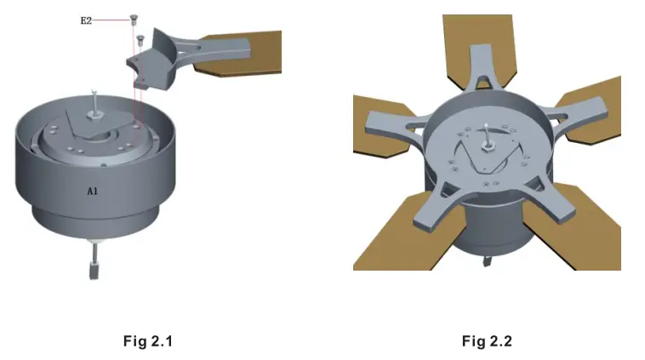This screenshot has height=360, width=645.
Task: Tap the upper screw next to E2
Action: [x=134, y=19]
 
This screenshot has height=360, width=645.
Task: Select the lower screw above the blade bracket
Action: [x=140, y=37]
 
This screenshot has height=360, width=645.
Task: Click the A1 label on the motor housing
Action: [x=93, y=191]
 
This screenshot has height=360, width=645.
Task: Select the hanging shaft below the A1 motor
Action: [x=93, y=260]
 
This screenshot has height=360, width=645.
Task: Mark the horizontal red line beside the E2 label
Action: [x=111, y=19]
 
